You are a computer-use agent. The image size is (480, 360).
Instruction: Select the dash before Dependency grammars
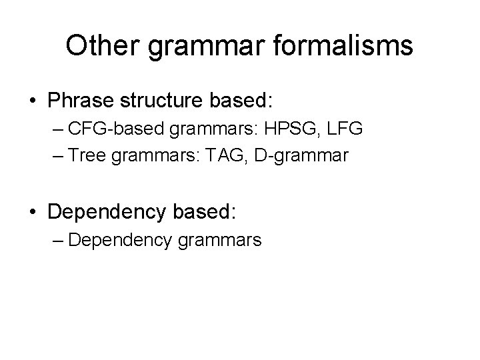[x=55, y=239]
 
